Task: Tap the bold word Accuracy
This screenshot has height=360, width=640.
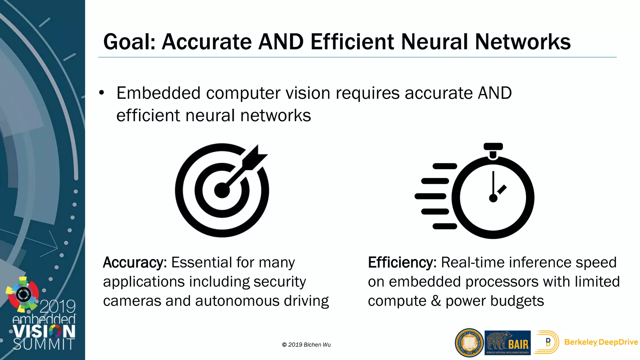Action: click(135, 262)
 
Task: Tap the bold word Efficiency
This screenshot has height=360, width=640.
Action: click(402, 262)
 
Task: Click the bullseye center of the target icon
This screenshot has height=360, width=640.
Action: click(222, 190)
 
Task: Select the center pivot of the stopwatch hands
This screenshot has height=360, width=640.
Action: click(493, 198)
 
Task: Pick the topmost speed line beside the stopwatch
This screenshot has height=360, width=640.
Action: click(445, 166)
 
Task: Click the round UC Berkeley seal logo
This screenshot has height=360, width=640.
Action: click(469, 343)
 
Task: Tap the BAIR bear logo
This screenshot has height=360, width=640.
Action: click(507, 343)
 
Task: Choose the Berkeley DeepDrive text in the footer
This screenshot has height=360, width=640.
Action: click(601, 342)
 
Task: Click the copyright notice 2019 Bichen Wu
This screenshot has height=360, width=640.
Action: click(306, 345)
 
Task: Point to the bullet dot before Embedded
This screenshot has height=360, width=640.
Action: click(101, 93)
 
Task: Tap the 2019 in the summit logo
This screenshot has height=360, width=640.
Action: click(58, 307)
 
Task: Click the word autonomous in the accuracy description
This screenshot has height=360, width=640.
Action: click(237, 301)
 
